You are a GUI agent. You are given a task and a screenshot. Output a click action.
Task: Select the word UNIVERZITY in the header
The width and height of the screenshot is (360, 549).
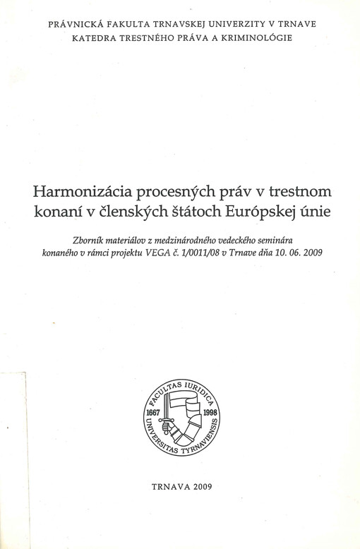point(220,25)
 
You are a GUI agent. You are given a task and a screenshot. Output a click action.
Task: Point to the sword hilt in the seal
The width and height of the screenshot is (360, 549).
point(163,425)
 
